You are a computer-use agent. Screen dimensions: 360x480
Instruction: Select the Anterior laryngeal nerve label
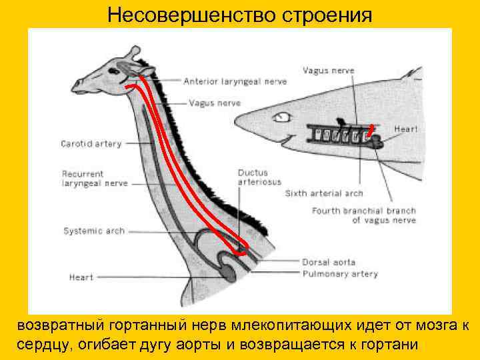235,81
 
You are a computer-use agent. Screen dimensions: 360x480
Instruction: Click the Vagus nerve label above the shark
329,70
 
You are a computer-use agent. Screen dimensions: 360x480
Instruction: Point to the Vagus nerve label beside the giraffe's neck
215,103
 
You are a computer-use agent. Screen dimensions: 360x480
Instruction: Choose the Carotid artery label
91,143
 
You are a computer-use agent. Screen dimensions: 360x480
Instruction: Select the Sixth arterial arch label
324,193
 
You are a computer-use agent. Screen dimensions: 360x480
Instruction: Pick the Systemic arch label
93,231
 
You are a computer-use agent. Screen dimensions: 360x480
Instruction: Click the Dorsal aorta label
329,263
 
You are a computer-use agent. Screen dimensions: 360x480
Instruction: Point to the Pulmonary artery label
339,273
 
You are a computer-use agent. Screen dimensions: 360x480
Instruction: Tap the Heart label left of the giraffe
81,277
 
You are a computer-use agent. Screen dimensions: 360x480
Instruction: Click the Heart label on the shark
405,129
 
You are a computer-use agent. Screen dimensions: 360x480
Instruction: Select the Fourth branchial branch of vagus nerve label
363,215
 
